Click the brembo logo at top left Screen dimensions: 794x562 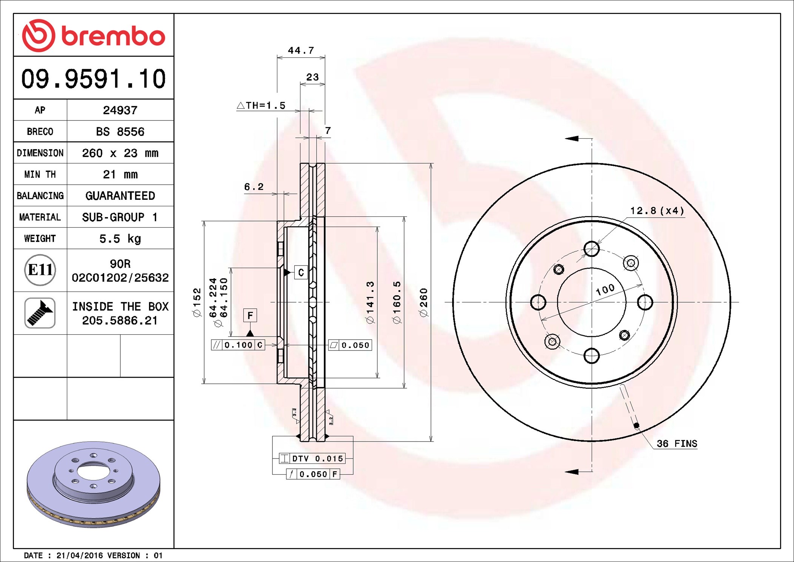click(x=93, y=36)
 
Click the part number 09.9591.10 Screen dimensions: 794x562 click(x=93, y=79)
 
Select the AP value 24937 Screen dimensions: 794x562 click(x=120, y=110)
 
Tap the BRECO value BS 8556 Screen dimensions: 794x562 click(x=120, y=131)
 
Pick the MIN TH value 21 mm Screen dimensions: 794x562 click(x=120, y=174)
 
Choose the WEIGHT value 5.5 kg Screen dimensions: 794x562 click(x=120, y=238)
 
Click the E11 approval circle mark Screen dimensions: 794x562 click(x=40, y=270)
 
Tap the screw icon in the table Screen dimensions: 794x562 click(x=40, y=313)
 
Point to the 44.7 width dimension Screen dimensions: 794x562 click(x=301, y=50)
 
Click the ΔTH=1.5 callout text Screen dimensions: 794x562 click(x=261, y=105)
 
